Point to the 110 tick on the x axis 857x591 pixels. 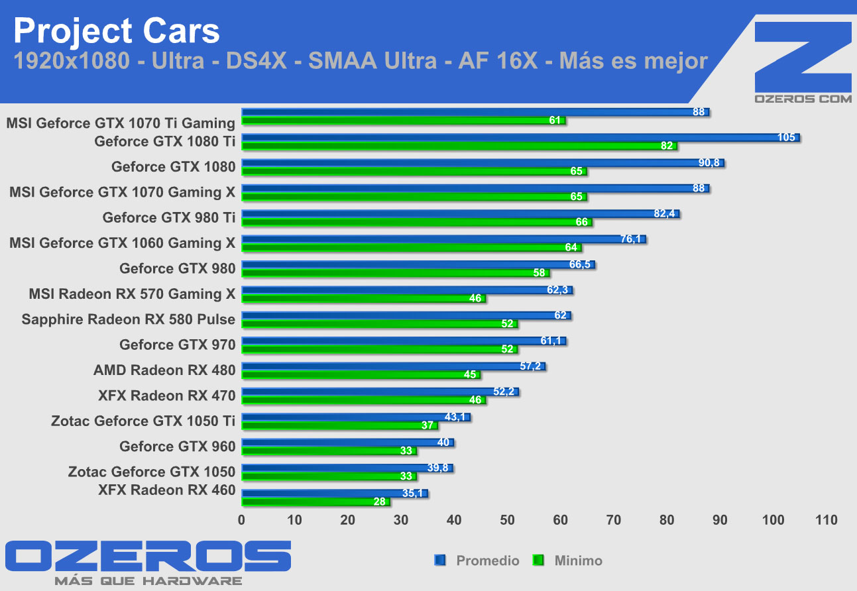[x=827, y=521]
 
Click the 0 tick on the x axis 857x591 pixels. [x=242, y=521]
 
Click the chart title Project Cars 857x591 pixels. [x=117, y=30]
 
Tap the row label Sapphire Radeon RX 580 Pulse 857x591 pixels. [x=129, y=319]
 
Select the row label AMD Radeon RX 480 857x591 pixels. [x=164, y=370]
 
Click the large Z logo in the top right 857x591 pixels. [x=803, y=57]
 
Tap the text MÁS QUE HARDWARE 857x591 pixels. [x=148, y=581]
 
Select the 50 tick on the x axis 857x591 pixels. [x=508, y=521]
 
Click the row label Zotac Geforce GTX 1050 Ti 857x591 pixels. [x=143, y=421]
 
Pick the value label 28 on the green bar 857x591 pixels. [x=380, y=502]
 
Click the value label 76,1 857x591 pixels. [x=630, y=239]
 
